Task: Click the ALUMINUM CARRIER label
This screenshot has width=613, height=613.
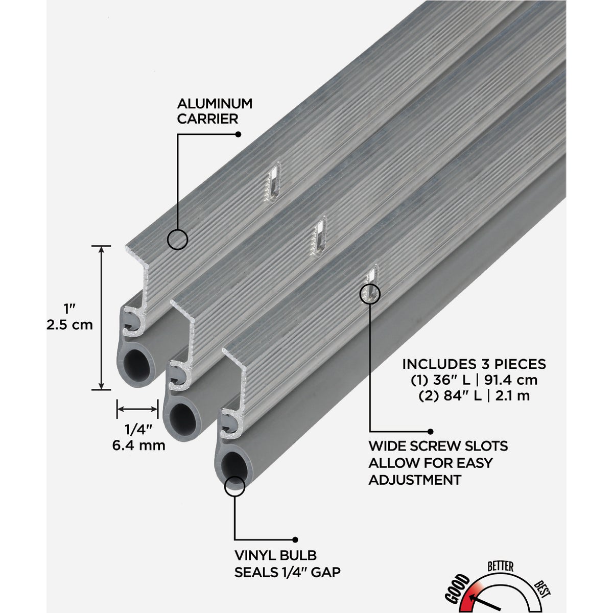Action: [215, 111]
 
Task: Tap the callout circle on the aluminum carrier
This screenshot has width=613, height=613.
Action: [177, 239]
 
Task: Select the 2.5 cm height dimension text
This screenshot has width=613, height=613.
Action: [69, 325]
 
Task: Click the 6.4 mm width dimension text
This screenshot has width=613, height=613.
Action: [138, 445]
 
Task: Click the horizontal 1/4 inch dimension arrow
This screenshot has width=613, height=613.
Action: [137, 408]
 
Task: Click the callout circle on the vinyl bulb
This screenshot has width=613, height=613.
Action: [234, 486]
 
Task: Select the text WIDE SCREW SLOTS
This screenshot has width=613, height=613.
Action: [438, 446]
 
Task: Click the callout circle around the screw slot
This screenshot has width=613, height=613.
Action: [370, 293]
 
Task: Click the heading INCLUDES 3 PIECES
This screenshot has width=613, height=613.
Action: [474, 364]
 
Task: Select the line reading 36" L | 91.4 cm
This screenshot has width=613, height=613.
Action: [474, 380]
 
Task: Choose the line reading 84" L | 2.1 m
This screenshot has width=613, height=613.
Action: [474, 396]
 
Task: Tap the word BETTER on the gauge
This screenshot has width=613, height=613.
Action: [500, 566]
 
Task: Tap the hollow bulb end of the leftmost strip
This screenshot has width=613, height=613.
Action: [137, 365]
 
